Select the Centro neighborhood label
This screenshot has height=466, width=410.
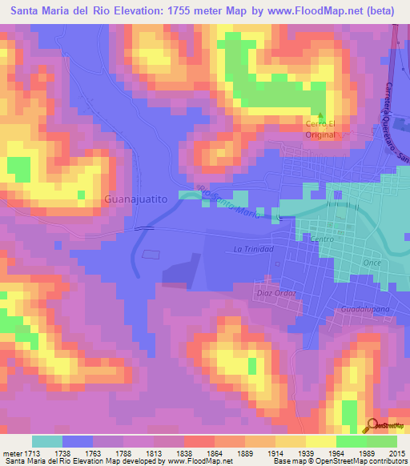[321, 239]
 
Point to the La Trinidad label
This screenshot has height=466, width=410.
[254, 250]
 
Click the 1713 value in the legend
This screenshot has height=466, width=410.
[32, 453]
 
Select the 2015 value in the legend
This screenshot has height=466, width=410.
[396, 453]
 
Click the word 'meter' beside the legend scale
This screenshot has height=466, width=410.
[12, 453]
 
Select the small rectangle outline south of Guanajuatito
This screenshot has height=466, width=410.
[151, 254]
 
